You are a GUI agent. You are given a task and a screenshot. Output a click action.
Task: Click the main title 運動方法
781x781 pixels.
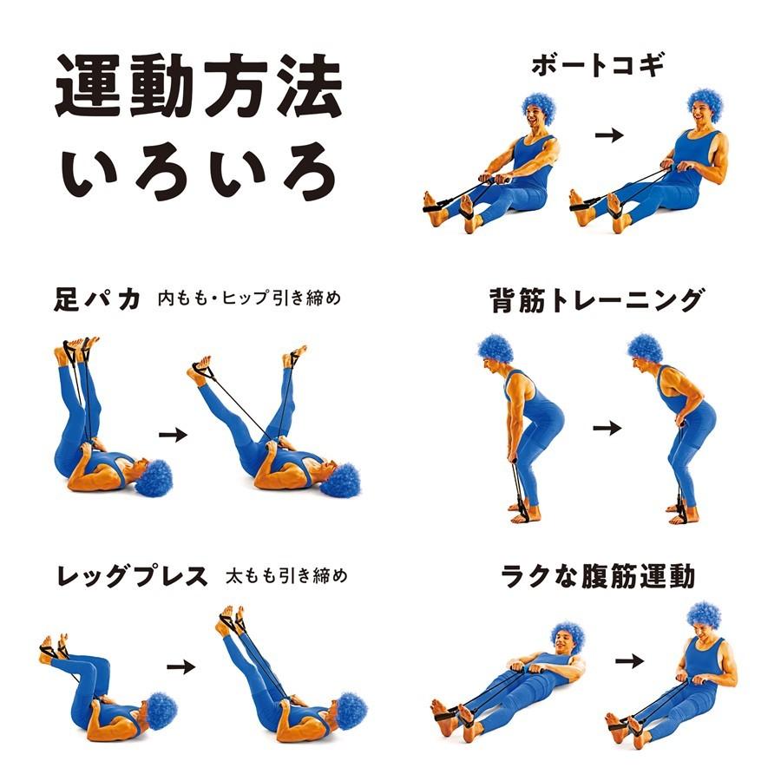pyautogui.click(x=199, y=89)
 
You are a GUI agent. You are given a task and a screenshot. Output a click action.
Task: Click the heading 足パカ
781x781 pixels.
pyautogui.click(x=96, y=299)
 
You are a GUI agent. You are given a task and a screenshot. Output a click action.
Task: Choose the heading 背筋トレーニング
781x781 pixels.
pyautogui.click(x=595, y=300)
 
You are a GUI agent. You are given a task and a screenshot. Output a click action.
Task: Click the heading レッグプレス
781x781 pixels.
pyautogui.click(x=132, y=575)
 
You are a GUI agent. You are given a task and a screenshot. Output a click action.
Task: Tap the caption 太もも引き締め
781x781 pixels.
pyautogui.click(x=286, y=575)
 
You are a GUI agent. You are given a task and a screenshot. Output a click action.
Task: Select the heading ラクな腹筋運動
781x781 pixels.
pyautogui.click(x=599, y=575)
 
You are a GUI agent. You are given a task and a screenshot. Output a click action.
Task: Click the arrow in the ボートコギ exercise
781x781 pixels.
pyautogui.click(x=610, y=135)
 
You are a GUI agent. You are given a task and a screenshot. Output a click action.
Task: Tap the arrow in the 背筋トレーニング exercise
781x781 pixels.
pyautogui.click(x=607, y=428)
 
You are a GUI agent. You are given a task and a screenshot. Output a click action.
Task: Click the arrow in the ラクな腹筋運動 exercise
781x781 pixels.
pyautogui.click(x=630, y=662)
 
